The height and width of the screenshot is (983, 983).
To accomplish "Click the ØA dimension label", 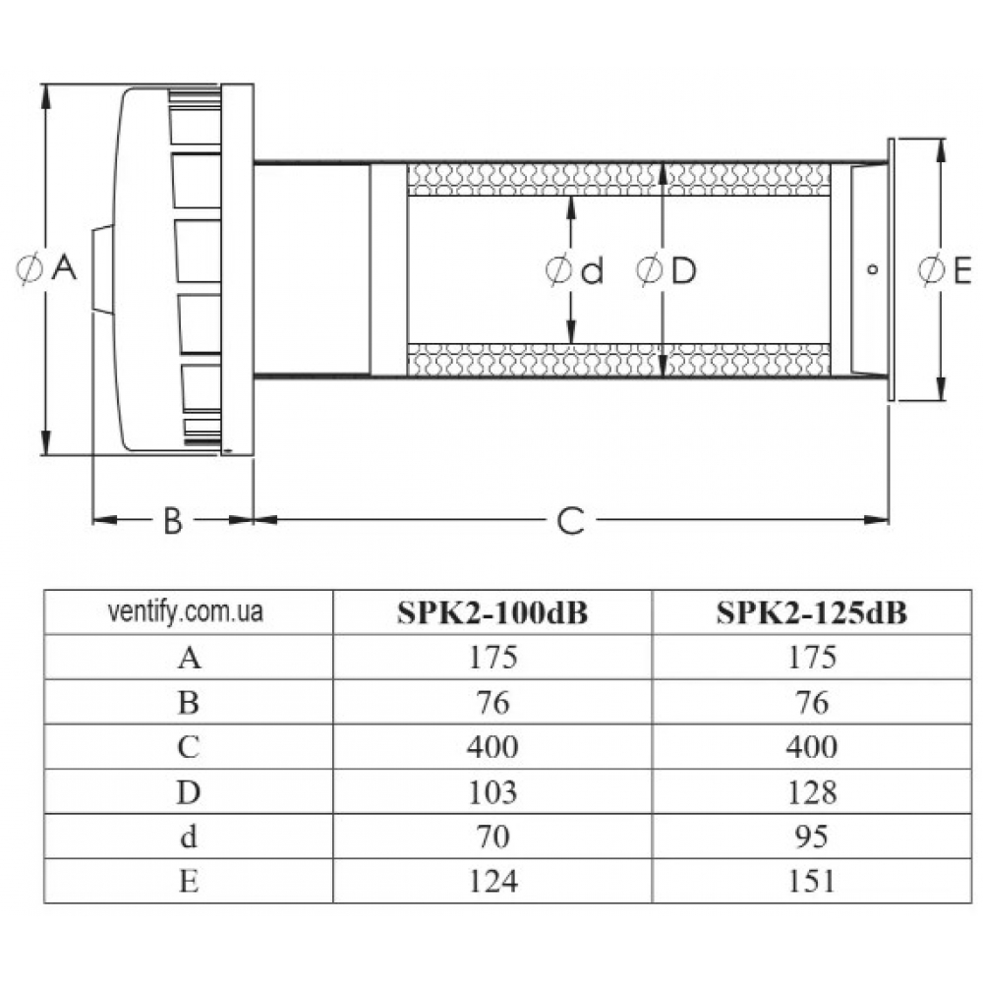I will click(48, 268).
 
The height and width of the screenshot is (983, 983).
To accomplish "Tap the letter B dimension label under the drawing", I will click(173, 520).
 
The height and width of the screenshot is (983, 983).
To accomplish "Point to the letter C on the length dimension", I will click(571, 520).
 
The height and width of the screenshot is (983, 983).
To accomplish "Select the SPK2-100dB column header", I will click(492, 612).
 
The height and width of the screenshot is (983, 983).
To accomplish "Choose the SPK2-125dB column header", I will click(812, 612).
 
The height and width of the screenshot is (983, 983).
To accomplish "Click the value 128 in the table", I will click(812, 791).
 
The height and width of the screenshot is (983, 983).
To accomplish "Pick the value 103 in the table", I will click(492, 791).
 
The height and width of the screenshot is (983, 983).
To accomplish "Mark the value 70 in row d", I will click(492, 837).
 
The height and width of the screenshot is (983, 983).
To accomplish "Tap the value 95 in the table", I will click(812, 837).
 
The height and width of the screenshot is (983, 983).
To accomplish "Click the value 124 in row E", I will click(492, 882).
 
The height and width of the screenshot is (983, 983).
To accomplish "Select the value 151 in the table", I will click(812, 882).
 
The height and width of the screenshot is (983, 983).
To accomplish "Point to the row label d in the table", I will click(190, 837).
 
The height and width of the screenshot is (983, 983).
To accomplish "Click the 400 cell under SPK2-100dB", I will click(492, 747).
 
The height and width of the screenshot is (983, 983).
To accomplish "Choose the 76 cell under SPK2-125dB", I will click(812, 702).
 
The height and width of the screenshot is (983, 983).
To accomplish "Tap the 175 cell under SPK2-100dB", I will click(492, 657).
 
